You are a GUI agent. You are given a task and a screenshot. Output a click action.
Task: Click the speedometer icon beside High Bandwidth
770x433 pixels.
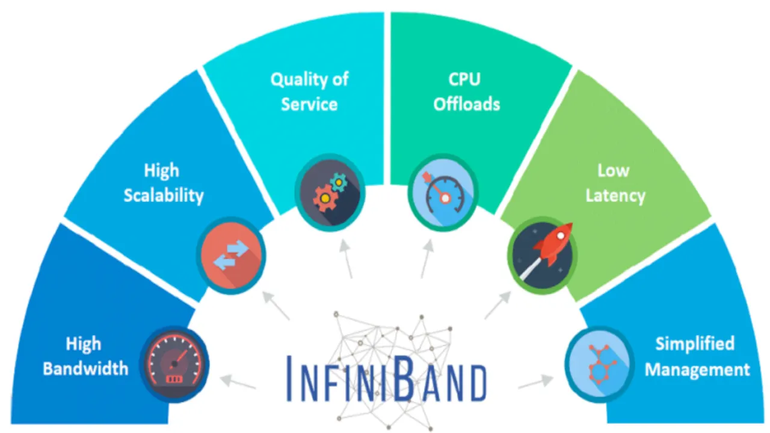tap(174, 364)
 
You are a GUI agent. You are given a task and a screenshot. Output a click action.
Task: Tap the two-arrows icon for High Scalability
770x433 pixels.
tap(231, 256)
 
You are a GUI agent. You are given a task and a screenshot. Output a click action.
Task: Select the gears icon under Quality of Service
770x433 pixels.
tap(330, 192)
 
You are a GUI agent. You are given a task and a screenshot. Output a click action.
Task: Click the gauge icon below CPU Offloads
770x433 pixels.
tap(443, 192)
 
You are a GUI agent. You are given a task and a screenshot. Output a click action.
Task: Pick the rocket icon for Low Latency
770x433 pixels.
tap(543, 256)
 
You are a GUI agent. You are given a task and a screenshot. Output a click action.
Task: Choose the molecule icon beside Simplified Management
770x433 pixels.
tap(600, 364)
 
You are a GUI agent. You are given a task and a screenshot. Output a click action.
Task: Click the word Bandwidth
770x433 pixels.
tap(85, 369)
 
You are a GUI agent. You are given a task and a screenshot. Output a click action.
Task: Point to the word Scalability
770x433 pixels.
tap(164, 196)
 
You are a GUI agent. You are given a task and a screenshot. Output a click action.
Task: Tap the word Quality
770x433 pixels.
tap(297, 80)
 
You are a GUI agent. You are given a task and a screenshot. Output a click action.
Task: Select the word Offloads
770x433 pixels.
tap(466, 104)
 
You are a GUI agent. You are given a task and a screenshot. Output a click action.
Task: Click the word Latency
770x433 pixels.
tap(615, 196)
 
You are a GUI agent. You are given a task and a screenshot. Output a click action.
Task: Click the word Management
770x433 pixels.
tap(697, 370)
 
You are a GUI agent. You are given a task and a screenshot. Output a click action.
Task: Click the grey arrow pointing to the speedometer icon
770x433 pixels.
tap(238, 382)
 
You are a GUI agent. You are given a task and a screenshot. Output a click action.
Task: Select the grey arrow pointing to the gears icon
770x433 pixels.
tap(346, 259)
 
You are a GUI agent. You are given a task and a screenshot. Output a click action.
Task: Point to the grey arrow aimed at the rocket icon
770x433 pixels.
tap(497, 305)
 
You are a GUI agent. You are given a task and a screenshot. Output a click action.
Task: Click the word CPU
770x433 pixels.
tap(464, 79)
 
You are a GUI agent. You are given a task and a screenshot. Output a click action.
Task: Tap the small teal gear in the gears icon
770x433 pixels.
tap(339, 182)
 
